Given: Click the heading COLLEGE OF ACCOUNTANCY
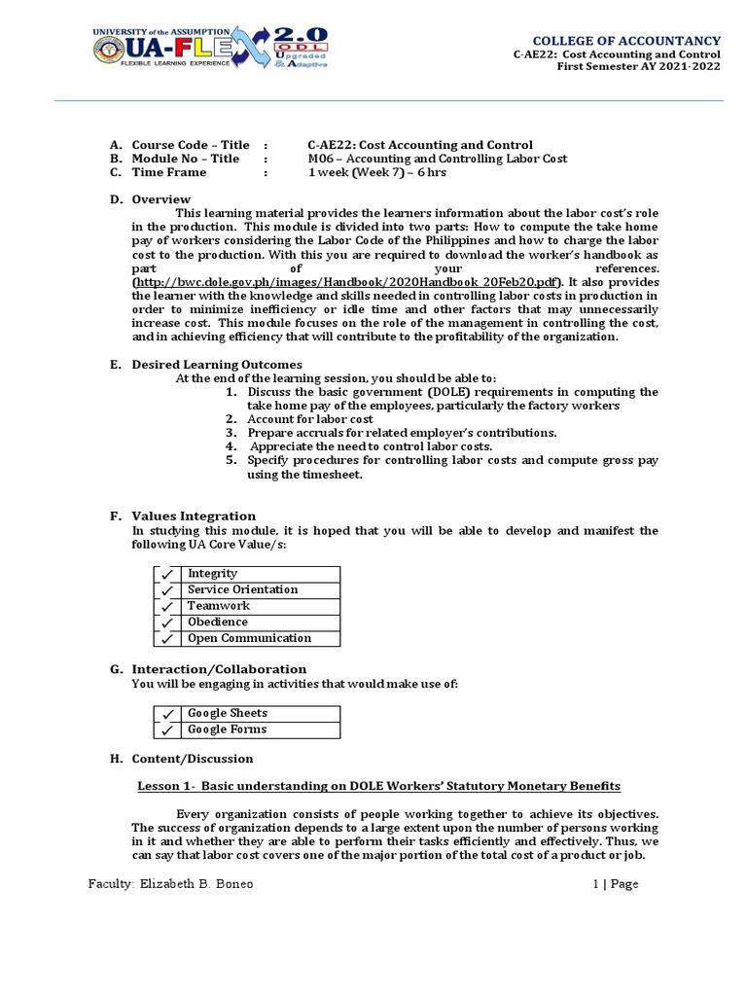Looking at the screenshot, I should (624, 41).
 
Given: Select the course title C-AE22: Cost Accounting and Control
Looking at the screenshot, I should (419, 145).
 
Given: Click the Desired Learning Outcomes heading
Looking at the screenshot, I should (216, 365).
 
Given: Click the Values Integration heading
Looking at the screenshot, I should (194, 516).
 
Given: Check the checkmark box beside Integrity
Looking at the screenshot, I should (167, 574).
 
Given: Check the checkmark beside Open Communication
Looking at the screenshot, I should (167, 639).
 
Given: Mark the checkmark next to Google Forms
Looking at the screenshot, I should (167, 729).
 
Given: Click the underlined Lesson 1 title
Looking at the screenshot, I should (375, 786).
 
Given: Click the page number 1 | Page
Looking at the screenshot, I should (615, 884).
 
